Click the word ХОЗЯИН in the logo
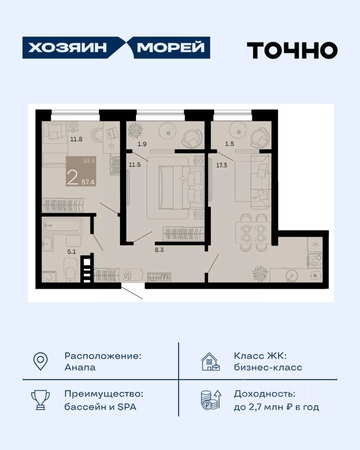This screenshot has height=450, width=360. pos(67,48)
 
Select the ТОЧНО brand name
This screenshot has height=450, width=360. pos(292,50)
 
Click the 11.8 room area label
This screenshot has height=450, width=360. pos(76,139)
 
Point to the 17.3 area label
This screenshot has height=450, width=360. pos(222,165)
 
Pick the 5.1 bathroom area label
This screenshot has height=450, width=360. pos(71,252)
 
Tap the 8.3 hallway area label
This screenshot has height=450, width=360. pos(159,250)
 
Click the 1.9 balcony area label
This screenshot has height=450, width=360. pos(142,144)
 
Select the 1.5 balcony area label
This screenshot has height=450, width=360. pos(229,144)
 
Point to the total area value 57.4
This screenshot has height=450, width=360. pos(88,182)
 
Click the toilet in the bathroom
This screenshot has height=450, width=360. pos(70,270)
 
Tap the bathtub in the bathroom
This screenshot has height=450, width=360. pos(62,225)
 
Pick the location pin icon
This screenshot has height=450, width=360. pos(40,361)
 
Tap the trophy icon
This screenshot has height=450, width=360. pos(40,399)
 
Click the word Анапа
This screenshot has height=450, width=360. pos(80,367)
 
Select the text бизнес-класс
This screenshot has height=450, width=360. pos(268,367)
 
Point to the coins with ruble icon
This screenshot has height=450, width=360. pos(211,399)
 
